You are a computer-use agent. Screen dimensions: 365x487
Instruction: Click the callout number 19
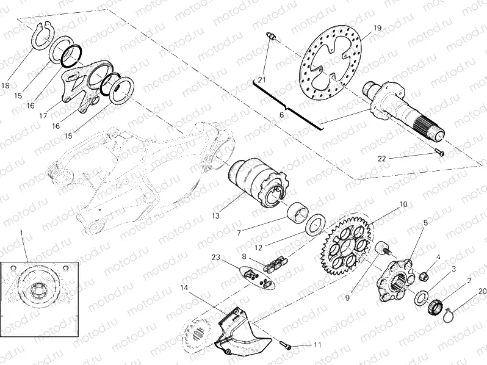377,28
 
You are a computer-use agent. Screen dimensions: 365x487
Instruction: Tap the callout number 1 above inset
21,233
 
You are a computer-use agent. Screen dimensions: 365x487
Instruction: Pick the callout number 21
261,80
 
